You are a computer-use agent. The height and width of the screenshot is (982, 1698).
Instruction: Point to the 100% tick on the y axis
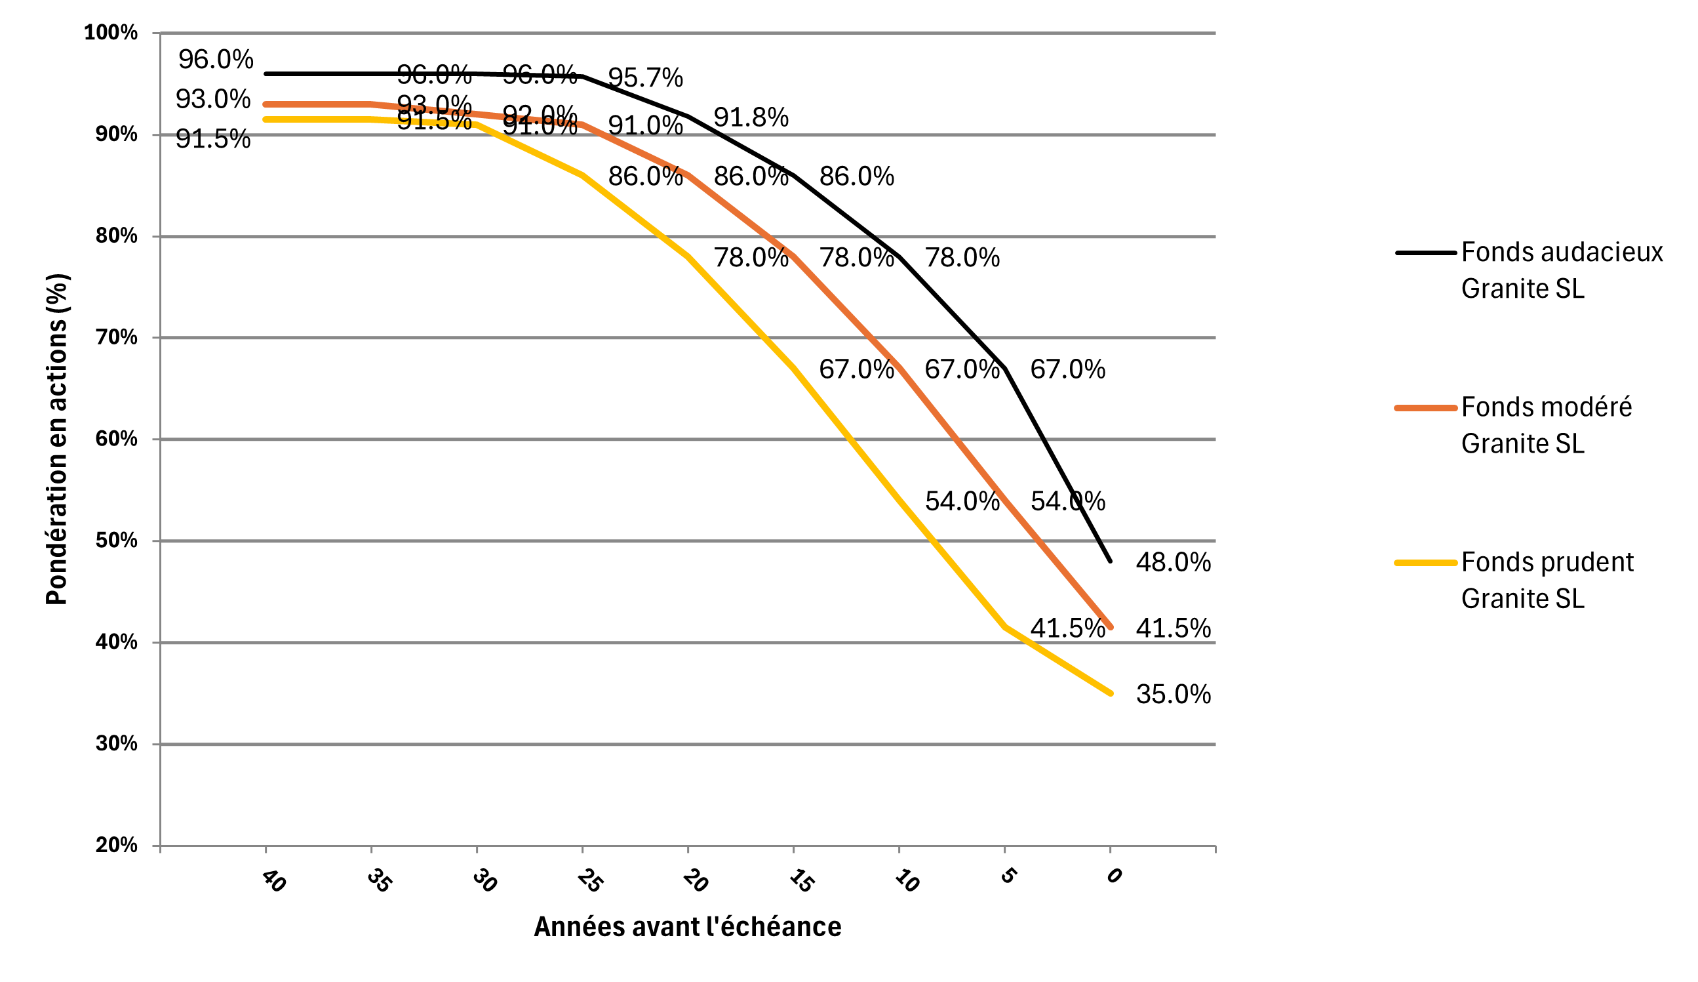point(111,33)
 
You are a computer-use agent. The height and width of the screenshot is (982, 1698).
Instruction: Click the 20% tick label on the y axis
point(116,845)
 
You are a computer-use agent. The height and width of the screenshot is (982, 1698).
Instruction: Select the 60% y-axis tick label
point(116,440)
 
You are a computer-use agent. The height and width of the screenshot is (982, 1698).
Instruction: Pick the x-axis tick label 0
point(1115,876)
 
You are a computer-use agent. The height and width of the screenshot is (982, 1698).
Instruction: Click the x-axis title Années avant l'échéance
point(687,928)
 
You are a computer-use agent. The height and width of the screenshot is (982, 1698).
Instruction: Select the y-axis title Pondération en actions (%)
point(56,440)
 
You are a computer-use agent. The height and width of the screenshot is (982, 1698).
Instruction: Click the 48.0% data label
point(1173,563)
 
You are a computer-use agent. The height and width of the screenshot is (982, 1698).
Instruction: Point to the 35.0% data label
point(1173,694)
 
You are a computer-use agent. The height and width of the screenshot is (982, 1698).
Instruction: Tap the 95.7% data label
point(645,78)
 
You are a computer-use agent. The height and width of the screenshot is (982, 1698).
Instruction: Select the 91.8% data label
point(751,118)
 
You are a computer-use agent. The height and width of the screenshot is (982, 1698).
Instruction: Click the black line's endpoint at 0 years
point(1110,561)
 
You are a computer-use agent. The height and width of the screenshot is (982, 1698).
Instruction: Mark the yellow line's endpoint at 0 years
point(1110,693)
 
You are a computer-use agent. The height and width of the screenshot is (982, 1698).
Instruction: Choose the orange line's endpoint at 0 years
point(1110,627)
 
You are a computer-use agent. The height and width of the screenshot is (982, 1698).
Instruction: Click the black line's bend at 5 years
point(1004,369)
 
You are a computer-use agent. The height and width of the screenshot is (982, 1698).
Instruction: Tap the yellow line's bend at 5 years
point(1004,627)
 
